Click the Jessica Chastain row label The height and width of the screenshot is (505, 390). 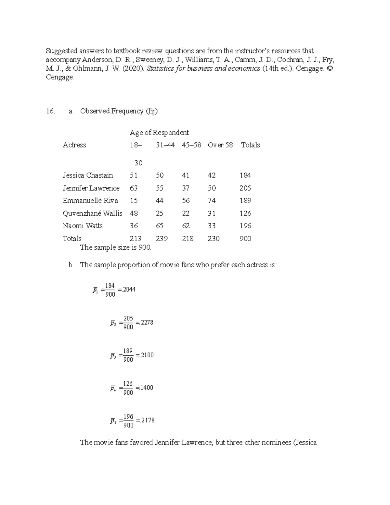coord(88,175)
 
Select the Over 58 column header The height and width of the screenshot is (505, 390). coord(220,145)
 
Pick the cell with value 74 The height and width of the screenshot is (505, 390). coord(212,201)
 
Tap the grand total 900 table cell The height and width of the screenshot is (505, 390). coord(245,239)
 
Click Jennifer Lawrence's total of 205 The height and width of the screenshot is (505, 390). coord(245,188)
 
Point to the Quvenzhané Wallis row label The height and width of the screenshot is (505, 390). coord(92,213)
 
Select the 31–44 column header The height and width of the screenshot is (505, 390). coord(165,145)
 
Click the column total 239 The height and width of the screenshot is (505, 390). coord(162,239)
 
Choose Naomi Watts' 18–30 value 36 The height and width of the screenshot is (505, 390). coord(134,226)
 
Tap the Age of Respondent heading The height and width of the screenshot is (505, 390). coord(159,133)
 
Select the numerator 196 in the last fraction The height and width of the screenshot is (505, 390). coord(128,416)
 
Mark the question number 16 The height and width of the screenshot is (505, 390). coord(50,111)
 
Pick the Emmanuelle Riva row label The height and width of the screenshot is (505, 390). coord(90,201)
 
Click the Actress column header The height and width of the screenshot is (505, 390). coord(74,145)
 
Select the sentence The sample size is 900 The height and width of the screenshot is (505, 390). coord(116,247)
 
